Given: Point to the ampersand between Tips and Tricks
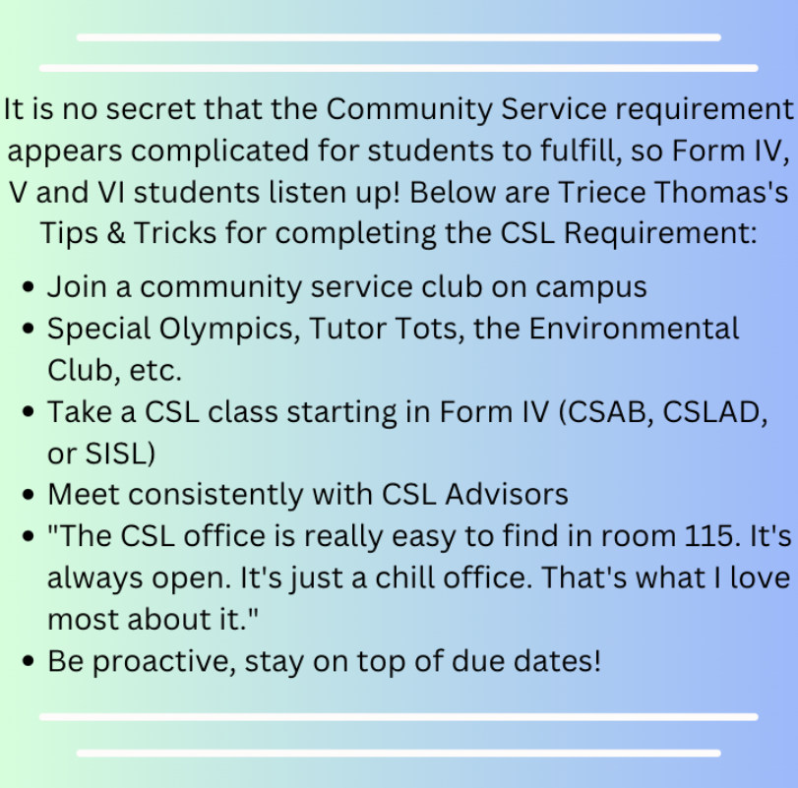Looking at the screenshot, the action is (116, 233).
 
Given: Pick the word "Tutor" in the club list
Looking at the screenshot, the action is (346, 329).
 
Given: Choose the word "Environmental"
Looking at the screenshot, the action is (634, 329).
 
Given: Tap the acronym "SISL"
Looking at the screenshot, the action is (116, 454).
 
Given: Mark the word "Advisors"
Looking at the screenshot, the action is (507, 495).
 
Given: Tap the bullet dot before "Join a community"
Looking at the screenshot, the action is (29, 287).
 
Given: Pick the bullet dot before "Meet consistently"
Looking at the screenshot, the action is (29, 495).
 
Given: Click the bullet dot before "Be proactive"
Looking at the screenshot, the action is (29, 661).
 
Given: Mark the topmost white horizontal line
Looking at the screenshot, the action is (399, 37).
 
